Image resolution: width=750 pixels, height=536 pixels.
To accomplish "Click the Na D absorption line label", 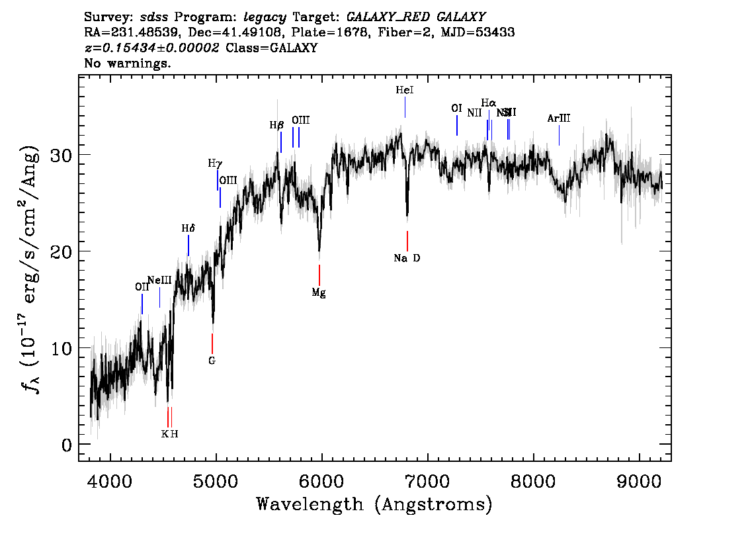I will click(407, 258).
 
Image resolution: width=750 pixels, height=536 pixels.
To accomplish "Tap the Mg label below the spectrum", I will click(319, 292).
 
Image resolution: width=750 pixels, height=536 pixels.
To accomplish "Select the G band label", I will click(212, 361).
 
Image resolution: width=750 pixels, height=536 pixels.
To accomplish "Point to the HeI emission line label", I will click(405, 90).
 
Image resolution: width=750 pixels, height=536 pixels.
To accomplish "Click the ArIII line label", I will click(559, 118).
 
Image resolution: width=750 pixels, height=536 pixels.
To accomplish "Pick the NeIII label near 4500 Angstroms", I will click(159, 280).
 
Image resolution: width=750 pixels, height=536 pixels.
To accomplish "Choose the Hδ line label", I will click(188, 228).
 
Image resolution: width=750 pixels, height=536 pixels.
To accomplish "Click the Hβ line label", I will click(276, 124).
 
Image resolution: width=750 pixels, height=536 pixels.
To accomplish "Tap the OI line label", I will click(456, 109).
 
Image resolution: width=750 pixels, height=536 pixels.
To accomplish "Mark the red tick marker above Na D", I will click(407, 240).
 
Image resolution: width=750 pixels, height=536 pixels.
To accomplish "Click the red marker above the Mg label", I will click(319, 275).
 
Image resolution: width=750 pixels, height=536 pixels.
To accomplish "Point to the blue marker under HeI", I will click(405, 107).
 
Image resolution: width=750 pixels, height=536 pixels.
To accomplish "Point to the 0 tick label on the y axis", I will click(67, 445).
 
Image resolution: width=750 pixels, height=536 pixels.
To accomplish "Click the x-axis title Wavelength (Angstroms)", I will click(374, 504).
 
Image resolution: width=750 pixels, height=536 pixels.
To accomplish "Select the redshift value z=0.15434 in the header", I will click(151, 48).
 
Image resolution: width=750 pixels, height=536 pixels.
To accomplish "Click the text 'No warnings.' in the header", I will click(128, 64).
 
